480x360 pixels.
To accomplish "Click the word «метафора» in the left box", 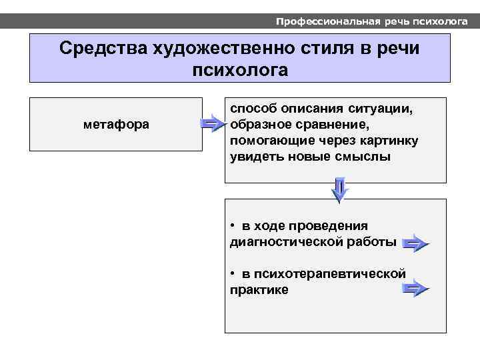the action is click(x=116, y=125).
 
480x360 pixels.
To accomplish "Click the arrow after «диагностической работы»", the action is click(x=415, y=243).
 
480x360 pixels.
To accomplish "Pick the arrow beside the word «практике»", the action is click(x=415, y=289).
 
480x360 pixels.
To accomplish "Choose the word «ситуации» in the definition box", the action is click(x=381, y=108).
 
